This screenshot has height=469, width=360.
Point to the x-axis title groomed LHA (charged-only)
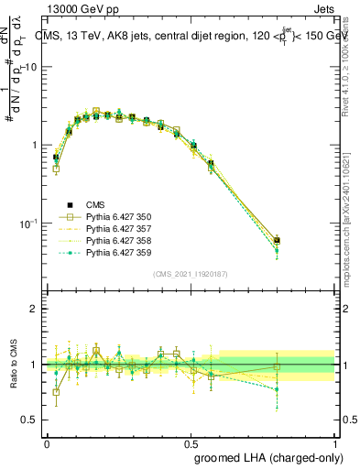click(266, 456)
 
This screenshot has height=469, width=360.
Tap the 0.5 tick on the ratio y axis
click(30, 420)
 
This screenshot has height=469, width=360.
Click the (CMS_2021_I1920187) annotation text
click(191, 274)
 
